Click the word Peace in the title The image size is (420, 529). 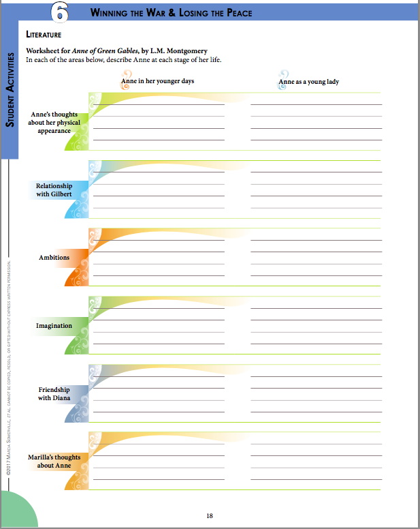pyautogui.click(x=235, y=13)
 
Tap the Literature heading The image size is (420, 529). pyautogui.click(x=44, y=33)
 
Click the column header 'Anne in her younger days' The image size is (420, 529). pyautogui.click(x=157, y=81)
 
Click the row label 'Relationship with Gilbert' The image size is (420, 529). pyautogui.click(x=54, y=190)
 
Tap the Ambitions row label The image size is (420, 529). pyautogui.click(x=54, y=258)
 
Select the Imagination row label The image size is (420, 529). pyautogui.click(x=54, y=326)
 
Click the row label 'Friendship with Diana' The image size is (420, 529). pyautogui.click(x=54, y=393)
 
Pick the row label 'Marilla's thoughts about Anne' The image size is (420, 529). pyautogui.click(x=54, y=462)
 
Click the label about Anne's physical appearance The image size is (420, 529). pyautogui.click(x=54, y=123)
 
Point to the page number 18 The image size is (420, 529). pyautogui.click(x=210, y=515)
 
